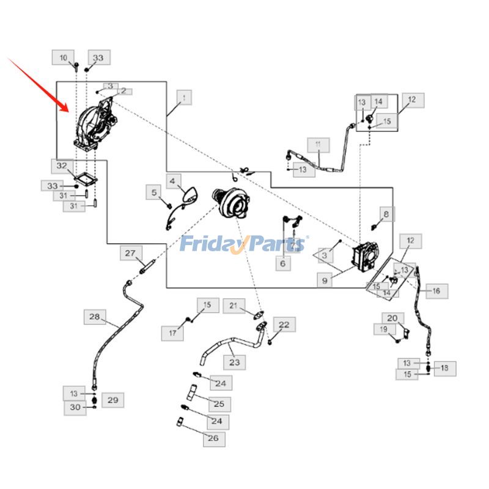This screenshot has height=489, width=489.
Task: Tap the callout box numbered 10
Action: pyautogui.click(x=64, y=57)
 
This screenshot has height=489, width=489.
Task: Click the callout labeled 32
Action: pyautogui.click(x=62, y=166)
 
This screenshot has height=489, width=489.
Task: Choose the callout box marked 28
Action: pyautogui.click(x=94, y=317)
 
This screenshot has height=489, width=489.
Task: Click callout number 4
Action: pyautogui.click(x=172, y=181)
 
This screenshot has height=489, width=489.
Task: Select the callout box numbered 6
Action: pyautogui.click(x=282, y=264)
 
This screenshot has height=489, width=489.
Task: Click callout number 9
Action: pyautogui.click(x=325, y=280)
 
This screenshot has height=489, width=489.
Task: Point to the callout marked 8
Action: pyautogui.click(x=386, y=214)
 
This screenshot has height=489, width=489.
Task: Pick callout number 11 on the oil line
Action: pyautogui.click(x=318, y=145)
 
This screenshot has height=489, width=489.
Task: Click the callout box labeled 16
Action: pyautogui.click(x=436, y=292)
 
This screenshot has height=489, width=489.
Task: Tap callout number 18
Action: pyautogui.click(x=444, y=368)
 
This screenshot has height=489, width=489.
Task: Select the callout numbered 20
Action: pyautogui.click(x=392, y=318)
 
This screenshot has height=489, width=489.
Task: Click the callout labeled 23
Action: pyautogui.click(x=234, y=362)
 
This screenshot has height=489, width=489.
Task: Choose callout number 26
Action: pyautogui.click(x=213, y=438)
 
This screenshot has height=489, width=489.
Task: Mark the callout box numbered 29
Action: pyautogui.click(x=112, y=400)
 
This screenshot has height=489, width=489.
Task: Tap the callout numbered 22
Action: pyautogui.click(x=284, y=325)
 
